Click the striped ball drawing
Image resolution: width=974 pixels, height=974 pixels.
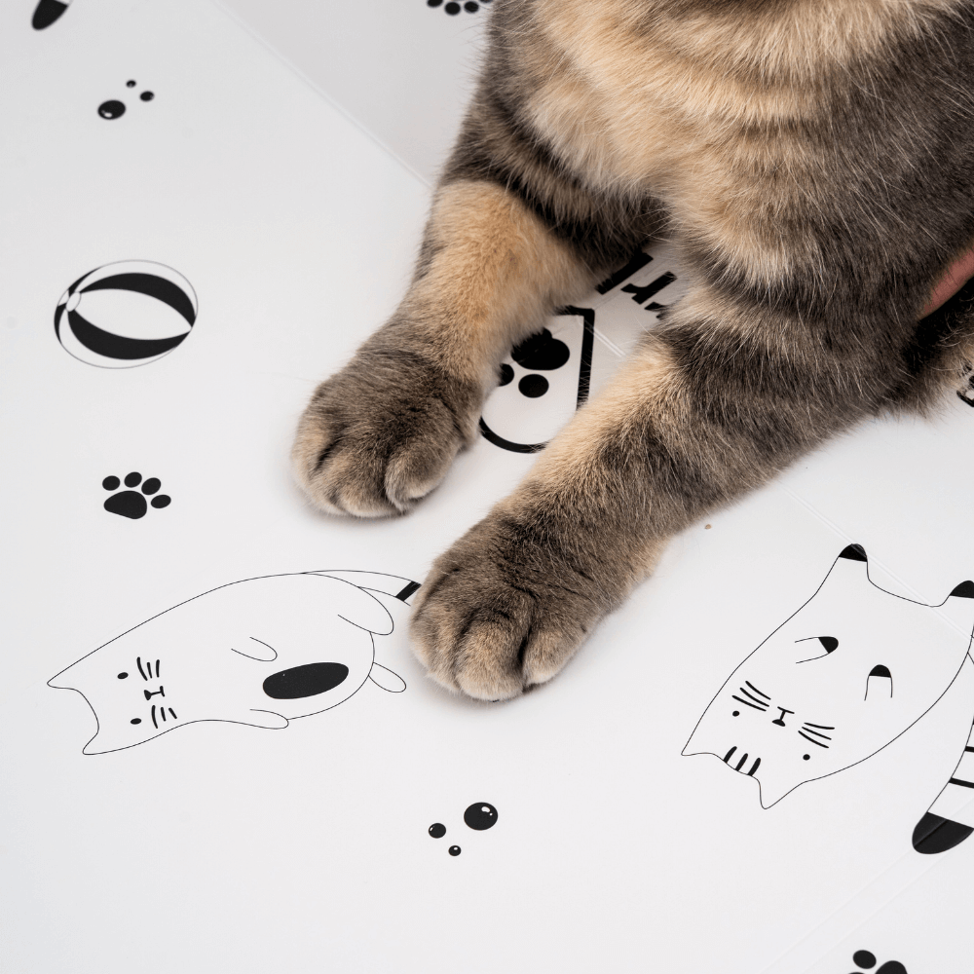[x=126, y=314]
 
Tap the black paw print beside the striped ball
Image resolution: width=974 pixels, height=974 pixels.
[x=134, y=495]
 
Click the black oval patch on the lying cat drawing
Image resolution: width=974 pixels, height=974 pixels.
[x=306, y=680]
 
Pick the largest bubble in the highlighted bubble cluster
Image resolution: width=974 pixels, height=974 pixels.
[x=480, y=815]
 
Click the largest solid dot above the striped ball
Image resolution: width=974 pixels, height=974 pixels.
[x=111, y=109]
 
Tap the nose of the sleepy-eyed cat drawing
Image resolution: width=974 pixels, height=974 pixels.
[x=779, y=720]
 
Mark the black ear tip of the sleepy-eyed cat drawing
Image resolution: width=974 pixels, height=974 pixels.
[x=853, y=553]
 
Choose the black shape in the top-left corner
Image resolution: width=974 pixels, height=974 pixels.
[x=49, y=13]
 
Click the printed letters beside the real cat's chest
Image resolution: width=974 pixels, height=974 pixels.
[x=638, y=282]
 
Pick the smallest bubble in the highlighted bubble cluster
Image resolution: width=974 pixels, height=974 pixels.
[x=455, y=850]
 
